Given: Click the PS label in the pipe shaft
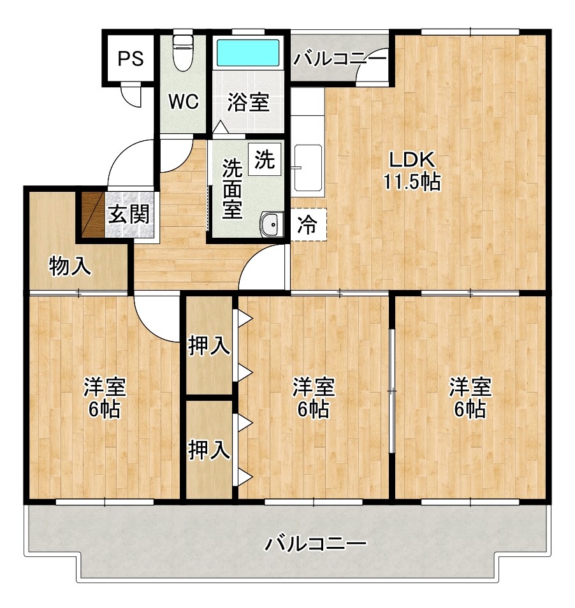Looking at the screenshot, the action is [x=131, y=59].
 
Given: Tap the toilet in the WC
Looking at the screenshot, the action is [x=182, y=53].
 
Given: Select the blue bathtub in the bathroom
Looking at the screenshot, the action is [x=248, y=53].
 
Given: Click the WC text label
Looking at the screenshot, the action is [x=184, y=101].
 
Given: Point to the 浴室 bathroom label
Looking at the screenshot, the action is [x=248, y=102].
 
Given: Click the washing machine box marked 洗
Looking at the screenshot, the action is [x=265, y=160].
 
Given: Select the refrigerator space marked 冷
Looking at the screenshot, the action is [x=309, y=225].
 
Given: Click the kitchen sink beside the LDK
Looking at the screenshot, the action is [x=309, y=168].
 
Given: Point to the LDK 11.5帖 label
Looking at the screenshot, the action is [x=412, y=171].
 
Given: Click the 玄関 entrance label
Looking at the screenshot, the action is [x=128, y=214].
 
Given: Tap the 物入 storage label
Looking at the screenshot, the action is [x=70, y=266].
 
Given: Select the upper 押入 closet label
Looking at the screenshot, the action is [x=209, y=345].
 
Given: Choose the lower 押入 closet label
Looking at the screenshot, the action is [x=209, y=450].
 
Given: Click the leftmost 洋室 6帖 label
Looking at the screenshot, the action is [x=105, y=398].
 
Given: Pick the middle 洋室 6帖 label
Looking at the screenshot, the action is [x=313, y=398].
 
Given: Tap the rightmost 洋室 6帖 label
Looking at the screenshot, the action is [x=470, y=398].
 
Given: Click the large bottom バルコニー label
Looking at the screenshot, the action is [x=315, y=544].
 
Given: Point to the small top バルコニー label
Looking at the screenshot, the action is [x=340, y=59].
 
